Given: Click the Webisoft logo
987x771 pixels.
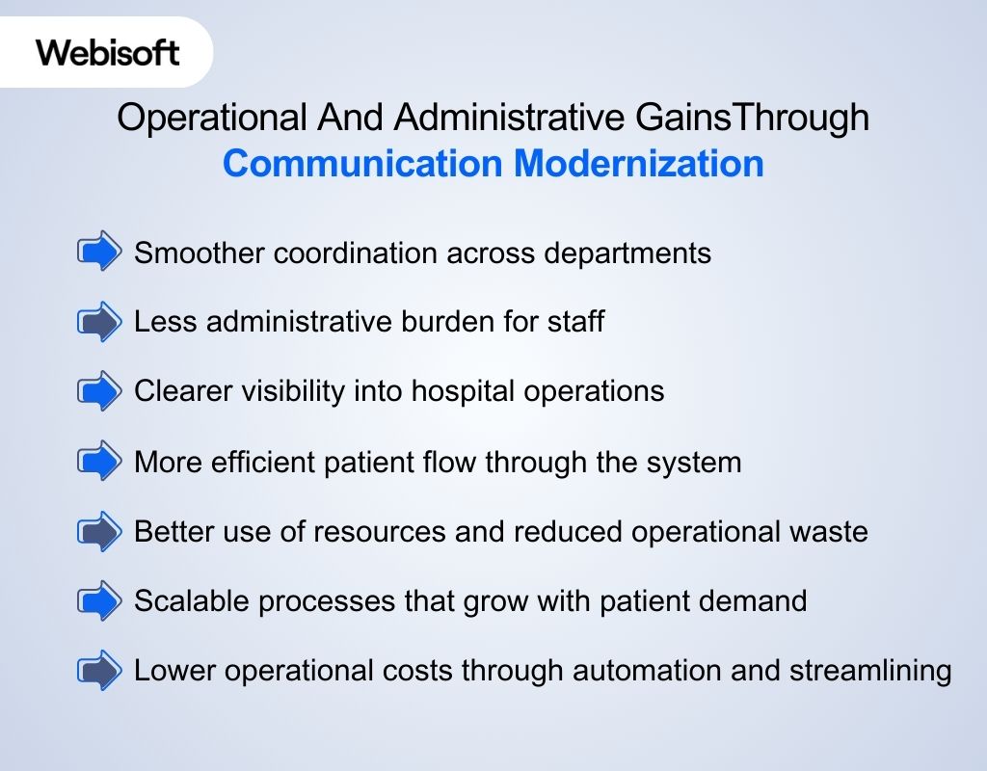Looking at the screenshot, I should coord(108,52).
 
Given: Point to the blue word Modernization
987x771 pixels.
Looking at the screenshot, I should coord(638,164).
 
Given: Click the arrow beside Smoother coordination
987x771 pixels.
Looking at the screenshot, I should coord(99,253).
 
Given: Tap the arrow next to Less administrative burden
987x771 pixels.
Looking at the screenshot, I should coord(99,322).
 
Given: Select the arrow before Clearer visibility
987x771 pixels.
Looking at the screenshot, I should coord(99,391).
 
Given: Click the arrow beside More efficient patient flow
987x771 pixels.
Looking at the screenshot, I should coord(99,462).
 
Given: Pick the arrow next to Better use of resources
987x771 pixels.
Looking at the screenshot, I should coord(99,531).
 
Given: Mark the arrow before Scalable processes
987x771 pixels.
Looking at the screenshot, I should coord(99,601).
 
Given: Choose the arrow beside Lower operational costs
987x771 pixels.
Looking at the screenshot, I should coord(99,670).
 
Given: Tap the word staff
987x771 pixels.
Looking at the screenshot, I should coord(576,322).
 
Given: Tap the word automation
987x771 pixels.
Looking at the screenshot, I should coord(642,670).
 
